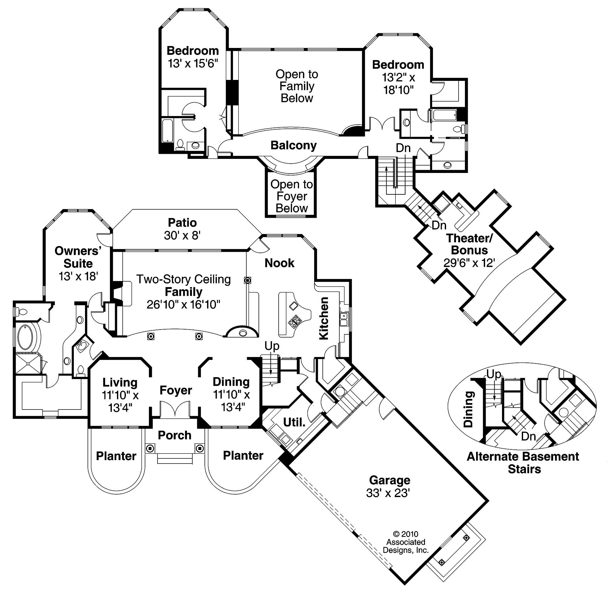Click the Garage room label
click(x=389, y=480)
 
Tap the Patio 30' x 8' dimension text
click(x=182, y=236)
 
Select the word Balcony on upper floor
click(x=293, y=145)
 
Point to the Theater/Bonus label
click(x=469, y=244)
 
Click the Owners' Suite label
click(x=78, y=257)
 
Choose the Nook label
click(x=279, y=263)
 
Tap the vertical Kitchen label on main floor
click(x=324, y=318)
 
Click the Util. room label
click(x=294, y=422)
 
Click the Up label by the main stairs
click(x=272, y=346)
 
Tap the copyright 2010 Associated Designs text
click(x=405, y=542)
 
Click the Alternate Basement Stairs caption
click(x=523, y=463)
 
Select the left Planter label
click(x=116, y=456)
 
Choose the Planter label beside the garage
click(x=243, y=455)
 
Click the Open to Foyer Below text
click(x=291, y=196)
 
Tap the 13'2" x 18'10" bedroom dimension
click(x=398, y=84)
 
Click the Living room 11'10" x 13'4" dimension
click(x=120, y=401)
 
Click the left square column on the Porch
click(x=150, y=448)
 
